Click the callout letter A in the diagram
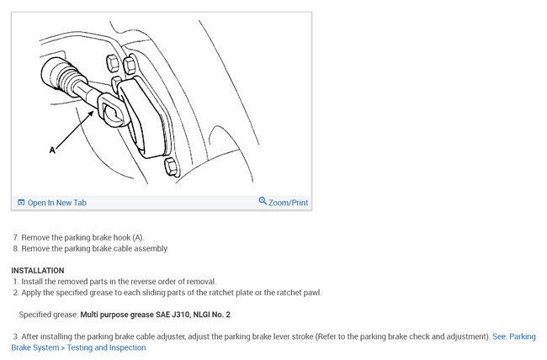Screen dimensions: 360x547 pos(52,150)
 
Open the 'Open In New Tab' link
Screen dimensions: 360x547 pos(56,203)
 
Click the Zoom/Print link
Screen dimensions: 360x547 pos(288,203)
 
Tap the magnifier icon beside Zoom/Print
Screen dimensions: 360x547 pos(263,202)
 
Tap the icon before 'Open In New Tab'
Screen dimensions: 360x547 pos(21,203)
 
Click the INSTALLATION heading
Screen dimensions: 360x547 pos(37,270)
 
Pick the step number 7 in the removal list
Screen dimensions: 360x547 pos(15,238)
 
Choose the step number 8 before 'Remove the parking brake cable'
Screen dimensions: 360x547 pos(15,249)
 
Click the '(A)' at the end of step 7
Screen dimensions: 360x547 pos(138,238)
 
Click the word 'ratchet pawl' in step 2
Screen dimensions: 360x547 pos(298,293)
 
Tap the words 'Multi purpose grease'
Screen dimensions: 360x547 pos(114,315)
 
